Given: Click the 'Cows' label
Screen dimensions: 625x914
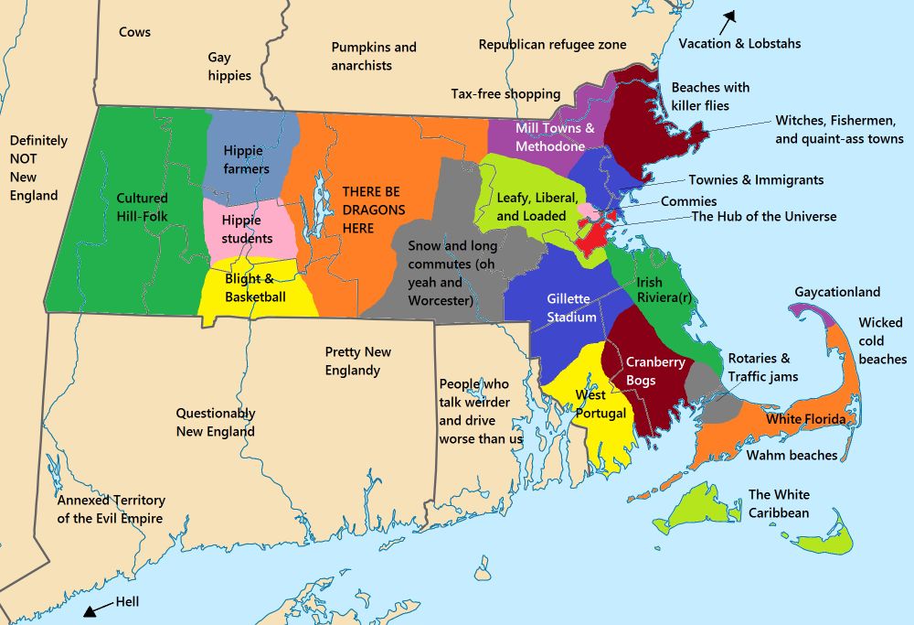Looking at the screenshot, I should click(x=134, y=32).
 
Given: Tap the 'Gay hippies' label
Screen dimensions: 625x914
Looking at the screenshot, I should click(x=228, y=67).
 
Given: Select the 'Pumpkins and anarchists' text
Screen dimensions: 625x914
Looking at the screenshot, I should click(x=373, y=56).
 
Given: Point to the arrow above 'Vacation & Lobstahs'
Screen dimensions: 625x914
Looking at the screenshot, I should click(x=730, y=16).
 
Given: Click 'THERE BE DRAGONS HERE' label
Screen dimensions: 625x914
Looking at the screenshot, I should click(x=371, y=210).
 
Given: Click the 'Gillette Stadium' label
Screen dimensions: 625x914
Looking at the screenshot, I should click(x=571, y=308).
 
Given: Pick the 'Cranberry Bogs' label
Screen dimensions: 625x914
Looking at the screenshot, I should click(x=654, y=371).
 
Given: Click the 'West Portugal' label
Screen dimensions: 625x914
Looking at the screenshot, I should click(x=600, y=404).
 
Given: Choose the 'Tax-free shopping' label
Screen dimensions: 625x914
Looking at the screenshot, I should click(x=505, y=93).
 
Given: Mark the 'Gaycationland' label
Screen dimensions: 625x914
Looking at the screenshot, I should click(x=837, y=292).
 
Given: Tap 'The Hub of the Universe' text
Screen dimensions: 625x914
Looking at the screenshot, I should click(x=763, y=217).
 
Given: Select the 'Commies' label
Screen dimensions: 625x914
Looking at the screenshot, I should click(x=688, y=201).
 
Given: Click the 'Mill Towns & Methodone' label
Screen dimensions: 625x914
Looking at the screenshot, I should click(x=554, y=137).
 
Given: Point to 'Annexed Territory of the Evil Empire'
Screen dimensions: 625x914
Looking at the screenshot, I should click(x=111, y=510).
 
